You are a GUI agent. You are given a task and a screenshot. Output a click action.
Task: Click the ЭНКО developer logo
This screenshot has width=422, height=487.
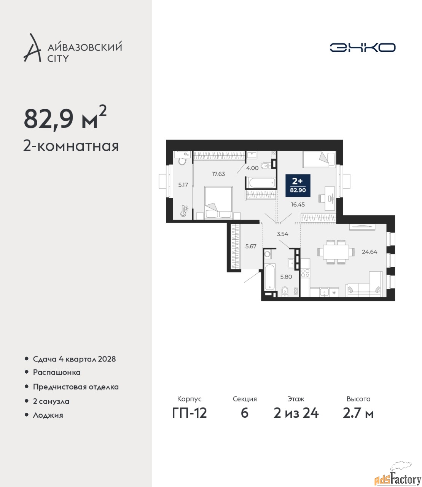pyautogui.click(x=362, y=47)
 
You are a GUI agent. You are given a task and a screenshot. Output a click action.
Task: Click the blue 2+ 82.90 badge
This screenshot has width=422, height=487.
pyautogui.click(x=298, y=185)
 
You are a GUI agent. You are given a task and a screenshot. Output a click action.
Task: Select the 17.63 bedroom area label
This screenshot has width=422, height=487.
pyautogui.click(x=218, y=174)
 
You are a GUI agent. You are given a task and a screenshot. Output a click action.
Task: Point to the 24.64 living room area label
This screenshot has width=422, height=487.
pyautogui.click(x=369, y=252)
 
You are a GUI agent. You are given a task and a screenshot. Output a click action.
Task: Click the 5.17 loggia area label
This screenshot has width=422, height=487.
pyautogui.click(x=183, y=185)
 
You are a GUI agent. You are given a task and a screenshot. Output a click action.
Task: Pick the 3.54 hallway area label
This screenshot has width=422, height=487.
pyautogui.click(x=282, y=234)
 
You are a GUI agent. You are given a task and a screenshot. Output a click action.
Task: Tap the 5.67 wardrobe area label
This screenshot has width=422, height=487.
pyautogui.click(x=251, y=246)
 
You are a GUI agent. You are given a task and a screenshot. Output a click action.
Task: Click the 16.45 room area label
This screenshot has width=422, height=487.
pyautogui.click(x=298, y=205)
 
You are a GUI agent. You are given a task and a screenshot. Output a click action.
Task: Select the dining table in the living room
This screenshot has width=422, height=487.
pyautogui.click(x=336, y=252)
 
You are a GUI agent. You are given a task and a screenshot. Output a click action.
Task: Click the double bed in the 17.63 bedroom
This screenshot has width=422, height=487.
pyautogui.click(x=218, y=203)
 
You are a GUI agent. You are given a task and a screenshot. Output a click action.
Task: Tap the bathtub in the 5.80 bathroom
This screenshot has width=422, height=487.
pyautogui.click(x=270, y=277)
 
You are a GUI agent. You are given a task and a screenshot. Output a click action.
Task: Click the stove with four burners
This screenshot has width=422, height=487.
pyautogui.click(x=305, y=273)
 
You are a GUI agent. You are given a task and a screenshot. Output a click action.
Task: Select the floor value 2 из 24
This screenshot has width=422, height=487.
pyautogui.click(x=296, y=413)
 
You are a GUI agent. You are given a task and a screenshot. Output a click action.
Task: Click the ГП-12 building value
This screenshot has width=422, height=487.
pyautogui.click(x=190, y=413)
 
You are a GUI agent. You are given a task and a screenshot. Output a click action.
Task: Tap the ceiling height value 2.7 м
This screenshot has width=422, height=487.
pyautogui.click(x=358, y=413)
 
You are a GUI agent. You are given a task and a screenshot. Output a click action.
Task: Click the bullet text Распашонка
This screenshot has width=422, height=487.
pyautogui.click(x=57, y=372)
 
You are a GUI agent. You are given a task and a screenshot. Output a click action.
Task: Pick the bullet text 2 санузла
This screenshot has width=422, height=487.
pyautogui.click(x=51, y=401)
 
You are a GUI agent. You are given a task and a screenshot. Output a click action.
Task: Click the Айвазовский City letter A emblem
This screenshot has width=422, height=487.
pyautogui.click(x=32, y=48)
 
